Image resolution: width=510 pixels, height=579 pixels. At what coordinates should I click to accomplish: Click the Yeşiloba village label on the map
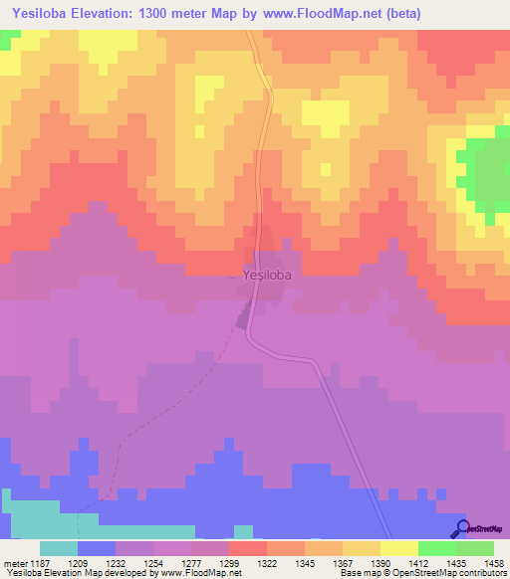(267, 275)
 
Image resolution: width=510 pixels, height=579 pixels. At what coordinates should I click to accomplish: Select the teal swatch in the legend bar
(59, 548)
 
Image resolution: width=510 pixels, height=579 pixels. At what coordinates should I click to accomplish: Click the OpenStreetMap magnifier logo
(462, 529)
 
